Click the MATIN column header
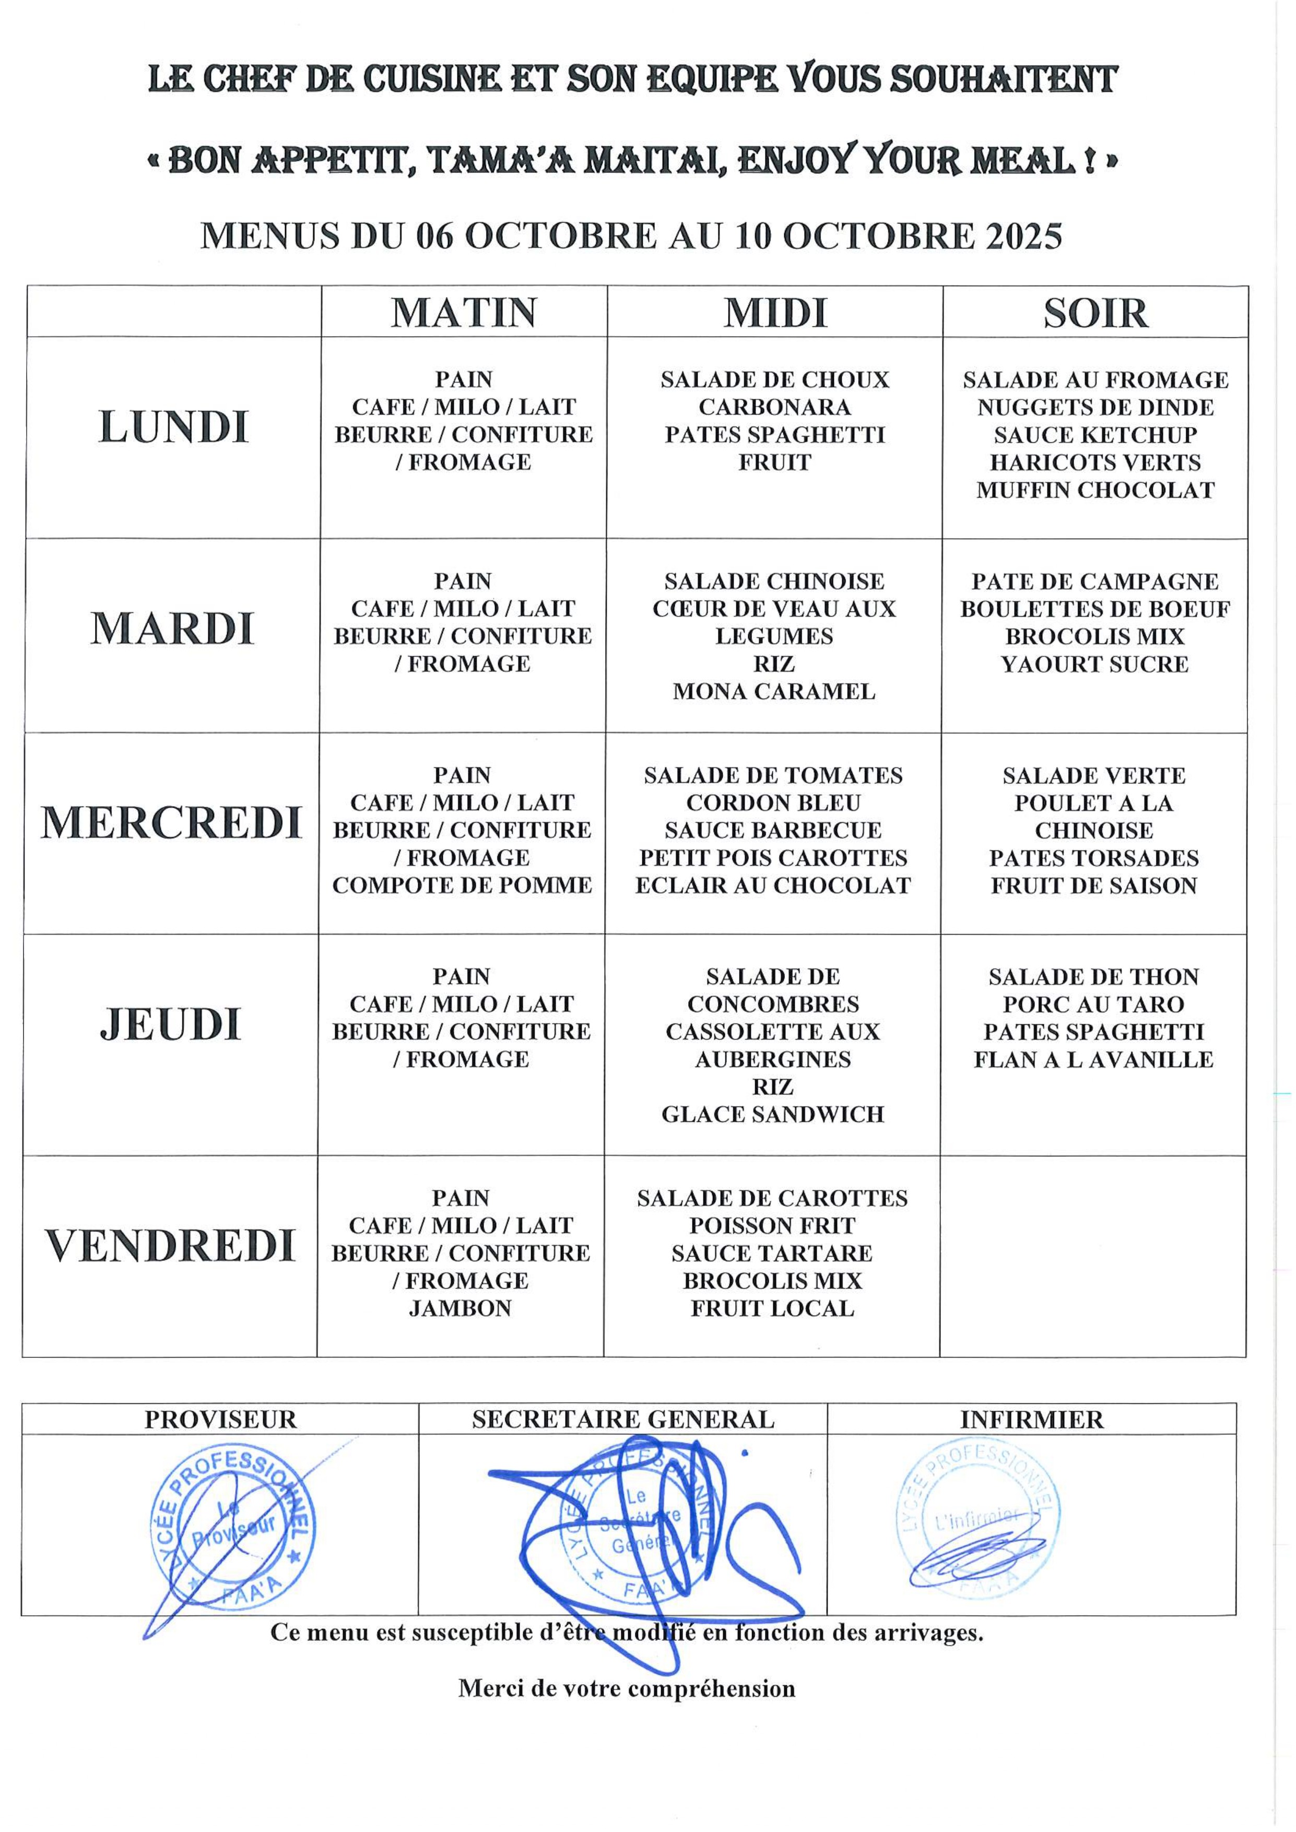464,312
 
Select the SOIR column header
1095,313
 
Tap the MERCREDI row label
172,823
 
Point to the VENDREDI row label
170,1246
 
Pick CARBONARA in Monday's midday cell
774,407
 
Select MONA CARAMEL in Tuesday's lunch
773,691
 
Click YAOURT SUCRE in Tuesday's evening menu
1094,664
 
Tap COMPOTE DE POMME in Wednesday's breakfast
462,885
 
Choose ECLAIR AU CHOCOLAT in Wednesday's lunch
772,885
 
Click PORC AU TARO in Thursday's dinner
1093,1004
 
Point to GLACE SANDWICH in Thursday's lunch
772,1114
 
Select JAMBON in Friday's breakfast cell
461,1308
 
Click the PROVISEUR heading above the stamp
220,1420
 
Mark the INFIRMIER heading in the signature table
1031,1420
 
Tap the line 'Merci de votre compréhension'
627,1688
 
